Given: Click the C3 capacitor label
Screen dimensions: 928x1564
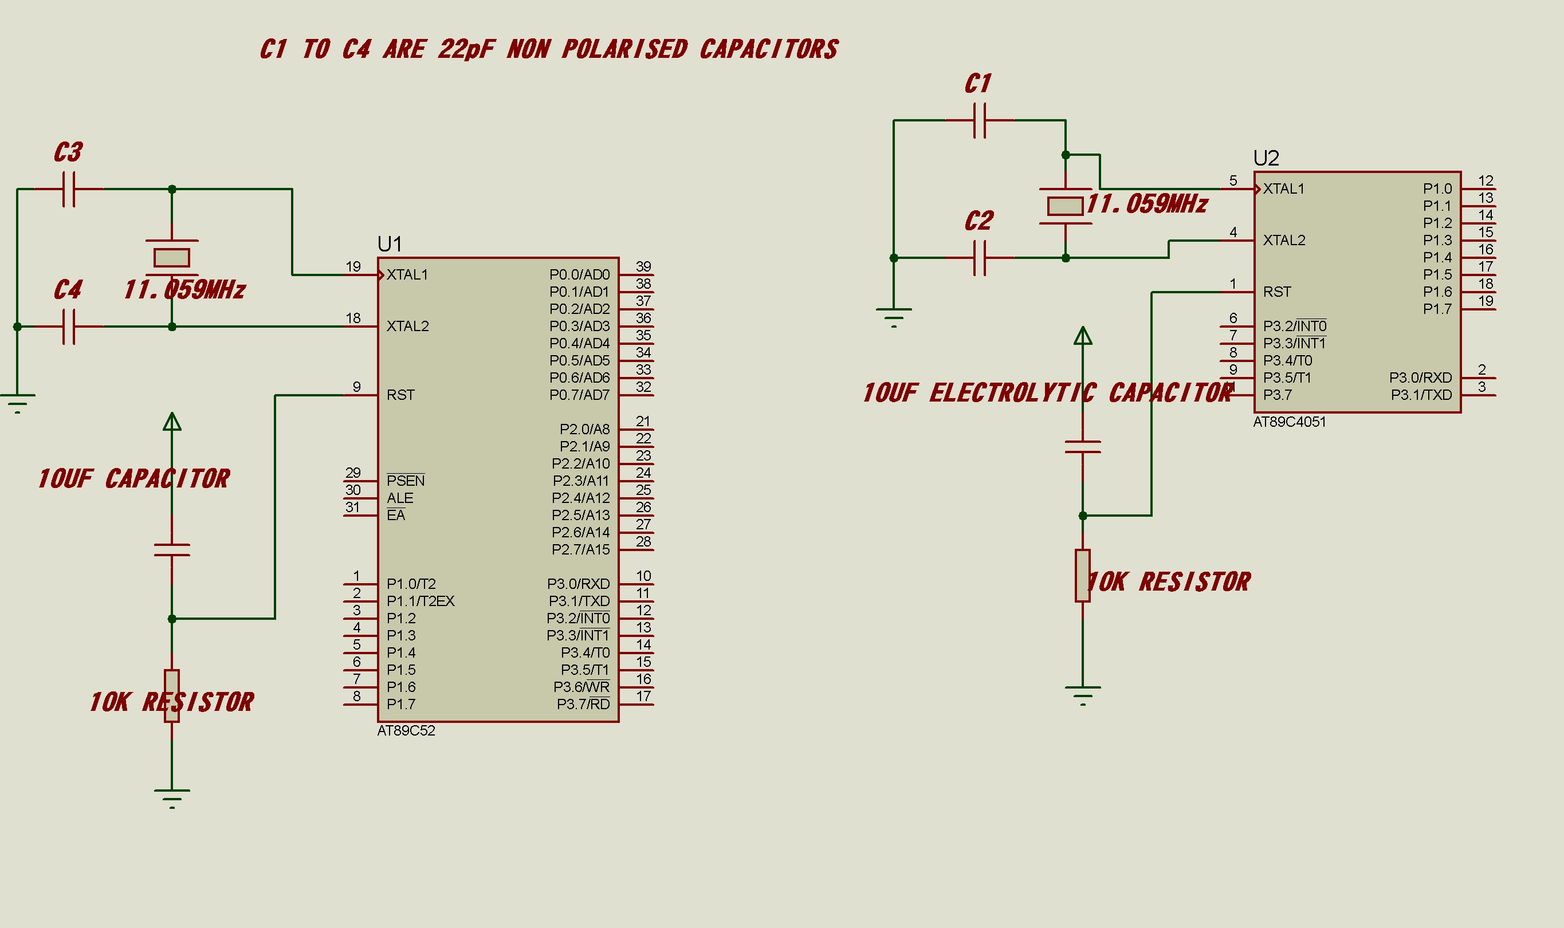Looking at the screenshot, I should point(68,152).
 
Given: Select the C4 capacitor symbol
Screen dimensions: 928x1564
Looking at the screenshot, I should point(69,327).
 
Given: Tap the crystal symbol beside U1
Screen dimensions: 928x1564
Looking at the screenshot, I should point(172,257).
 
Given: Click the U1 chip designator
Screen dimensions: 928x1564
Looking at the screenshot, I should point(389,244).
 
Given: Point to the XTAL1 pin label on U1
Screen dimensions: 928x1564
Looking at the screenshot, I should point(407,274).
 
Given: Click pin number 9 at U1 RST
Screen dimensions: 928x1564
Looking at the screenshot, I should point(356,387).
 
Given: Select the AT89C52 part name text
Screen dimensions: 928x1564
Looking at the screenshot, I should point(406,730).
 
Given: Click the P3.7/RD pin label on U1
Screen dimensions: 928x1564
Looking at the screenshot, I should point(583,704).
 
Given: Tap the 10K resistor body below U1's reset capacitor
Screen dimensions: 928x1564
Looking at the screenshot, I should point(172,695).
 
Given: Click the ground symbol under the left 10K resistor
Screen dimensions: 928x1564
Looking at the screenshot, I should point(172,796).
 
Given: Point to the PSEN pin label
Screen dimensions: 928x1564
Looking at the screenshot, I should point(405,480).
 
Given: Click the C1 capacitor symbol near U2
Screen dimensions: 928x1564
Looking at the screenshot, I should point(980,120).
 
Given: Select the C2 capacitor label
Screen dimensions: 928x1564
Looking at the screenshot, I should point(978,221).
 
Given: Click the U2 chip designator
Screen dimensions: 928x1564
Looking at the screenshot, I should point(1266,158).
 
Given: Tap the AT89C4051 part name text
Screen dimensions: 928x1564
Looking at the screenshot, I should point(1289,422).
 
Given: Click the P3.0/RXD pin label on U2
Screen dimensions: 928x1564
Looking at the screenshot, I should point(1420,378).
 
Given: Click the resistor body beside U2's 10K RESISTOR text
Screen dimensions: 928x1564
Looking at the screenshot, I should point(1082,575).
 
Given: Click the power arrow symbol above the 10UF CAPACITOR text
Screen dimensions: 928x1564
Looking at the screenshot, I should point(172,422).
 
